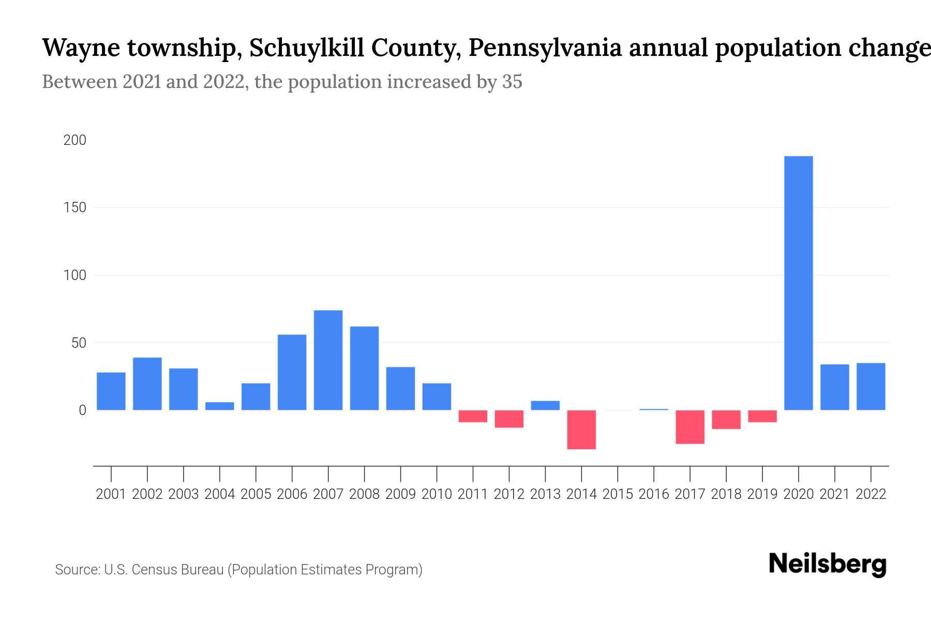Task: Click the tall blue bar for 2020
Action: click(x=799, y=283)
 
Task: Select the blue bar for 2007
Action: click(x=328, y=360)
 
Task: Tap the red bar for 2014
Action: click(x=581, y=430)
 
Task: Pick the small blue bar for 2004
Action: click(x=219, y=406)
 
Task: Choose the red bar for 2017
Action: click(x=690, y=427)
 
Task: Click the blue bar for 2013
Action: click(x=545, y=405)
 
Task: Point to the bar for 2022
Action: click(x=871, y=387)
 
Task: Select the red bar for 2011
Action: click(x=473, y=416)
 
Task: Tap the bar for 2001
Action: click(x=111, y=391)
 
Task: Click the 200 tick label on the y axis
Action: click(x=74, y=140)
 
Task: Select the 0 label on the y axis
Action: click(x=82, y=410)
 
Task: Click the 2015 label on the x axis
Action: click(x=618, y=494)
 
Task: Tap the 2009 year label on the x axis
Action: click(x=400, y=494)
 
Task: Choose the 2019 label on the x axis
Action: click(x=762, y=494)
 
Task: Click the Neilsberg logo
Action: click(x=828, y=564)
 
